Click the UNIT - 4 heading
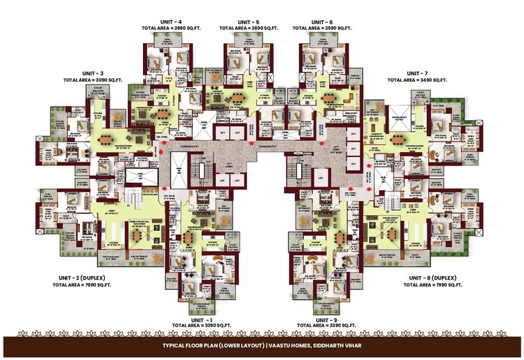pyautogui.click(x=170, y=22)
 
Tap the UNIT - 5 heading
pyautogui.click(x=247, y=22)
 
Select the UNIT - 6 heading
pyautogui.click(x=321, y=22)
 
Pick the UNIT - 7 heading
pyautogui.click(x=417, y=73)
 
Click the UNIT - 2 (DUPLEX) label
pyautogui.click(x=82, y=277)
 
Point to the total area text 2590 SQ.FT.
pyautogui.click(x=321, y=29)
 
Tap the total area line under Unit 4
pyautogui.click(x=170, y=29)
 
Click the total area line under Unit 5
pyautogui.click(x=247, y=29)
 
